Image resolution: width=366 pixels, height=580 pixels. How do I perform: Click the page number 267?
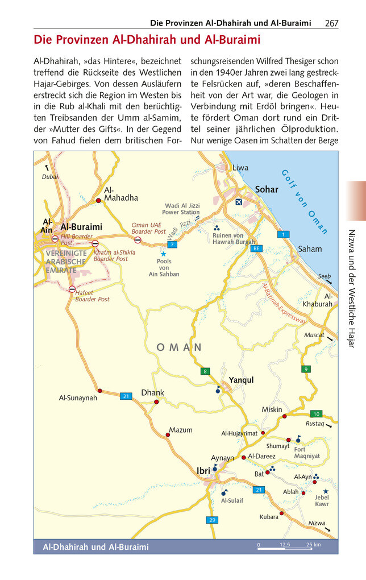click(332, 23)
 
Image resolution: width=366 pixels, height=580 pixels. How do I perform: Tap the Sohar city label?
click(267, 189)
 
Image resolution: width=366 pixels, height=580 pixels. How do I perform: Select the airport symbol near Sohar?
click(239, 202)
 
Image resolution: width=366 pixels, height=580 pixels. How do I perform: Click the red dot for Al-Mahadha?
click(98, 201)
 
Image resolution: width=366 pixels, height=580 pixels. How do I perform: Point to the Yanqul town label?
click(241, 380)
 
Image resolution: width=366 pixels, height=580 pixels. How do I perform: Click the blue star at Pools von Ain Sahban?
click(164, 254)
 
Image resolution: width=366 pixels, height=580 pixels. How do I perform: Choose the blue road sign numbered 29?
click(211, 520)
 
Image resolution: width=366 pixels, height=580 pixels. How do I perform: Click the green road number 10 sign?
click(316, 413)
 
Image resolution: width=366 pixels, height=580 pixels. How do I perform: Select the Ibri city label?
click(203, 470)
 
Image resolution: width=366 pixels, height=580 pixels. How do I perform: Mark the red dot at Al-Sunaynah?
click(100, 391)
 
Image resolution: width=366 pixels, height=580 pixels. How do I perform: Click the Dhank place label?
click(152, 392)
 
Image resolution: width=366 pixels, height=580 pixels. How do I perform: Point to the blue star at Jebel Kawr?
click(326, 491)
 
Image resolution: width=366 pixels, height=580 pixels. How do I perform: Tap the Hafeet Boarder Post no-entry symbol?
click(72, 289)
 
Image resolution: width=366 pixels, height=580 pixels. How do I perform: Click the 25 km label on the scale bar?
click(313, 545)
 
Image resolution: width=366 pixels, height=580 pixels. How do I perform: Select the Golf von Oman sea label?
click(305, 202)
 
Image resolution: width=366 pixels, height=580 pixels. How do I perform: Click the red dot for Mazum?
click(168, 435)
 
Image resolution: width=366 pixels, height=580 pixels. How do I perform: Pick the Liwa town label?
click(240, 168)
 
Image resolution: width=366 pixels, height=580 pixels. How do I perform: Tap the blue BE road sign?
click(256, 248)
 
